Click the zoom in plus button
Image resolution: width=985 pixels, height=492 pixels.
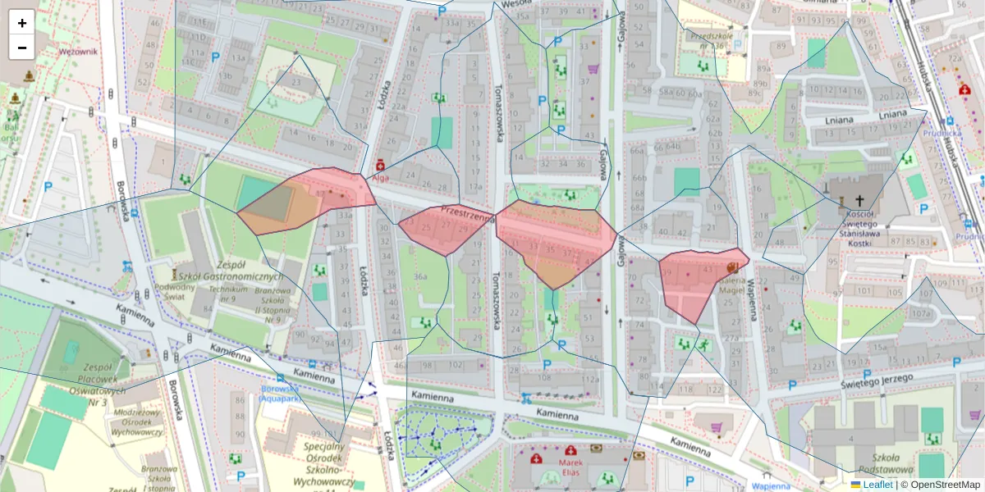22,23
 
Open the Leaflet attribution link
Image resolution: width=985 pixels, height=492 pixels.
877,485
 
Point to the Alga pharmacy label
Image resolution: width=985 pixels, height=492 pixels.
380,177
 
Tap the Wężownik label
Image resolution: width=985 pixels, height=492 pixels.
78,51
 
